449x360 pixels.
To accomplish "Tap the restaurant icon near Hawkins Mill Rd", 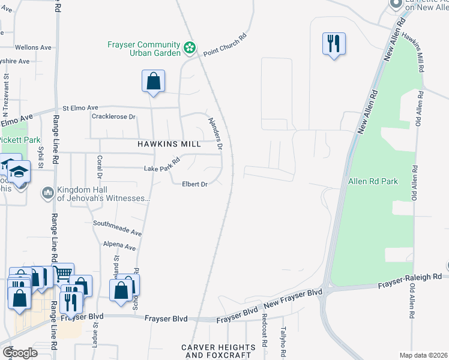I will [333, 44].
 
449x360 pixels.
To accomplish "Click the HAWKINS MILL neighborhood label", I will [169, 145].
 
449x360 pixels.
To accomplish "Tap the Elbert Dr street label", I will [194, 184].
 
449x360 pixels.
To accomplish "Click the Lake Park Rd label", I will [162, 165].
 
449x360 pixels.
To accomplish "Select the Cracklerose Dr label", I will [114, 116].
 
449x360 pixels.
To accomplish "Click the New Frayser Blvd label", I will [293, 300].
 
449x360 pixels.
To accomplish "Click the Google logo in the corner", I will [20, 353].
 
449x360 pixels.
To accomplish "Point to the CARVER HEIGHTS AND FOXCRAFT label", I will [218, 351].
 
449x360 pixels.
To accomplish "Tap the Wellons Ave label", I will [34, 47].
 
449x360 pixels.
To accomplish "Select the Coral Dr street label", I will [99, 167].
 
